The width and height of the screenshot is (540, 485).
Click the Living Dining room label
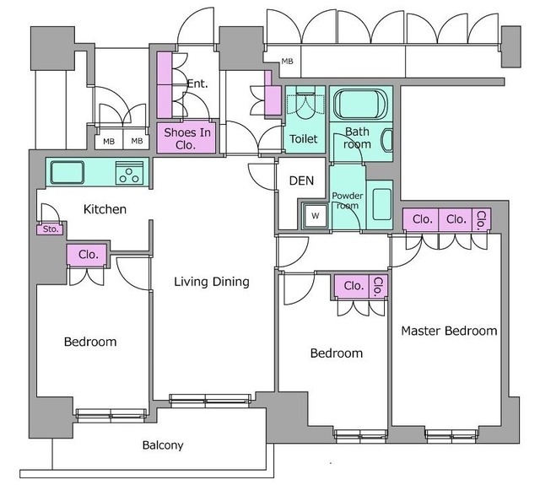(212, 282)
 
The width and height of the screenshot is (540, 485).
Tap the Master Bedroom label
(449, 331)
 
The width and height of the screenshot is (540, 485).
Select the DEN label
(301, 181)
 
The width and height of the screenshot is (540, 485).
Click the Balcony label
(163, 445)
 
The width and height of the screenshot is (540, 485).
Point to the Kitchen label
(105, 209)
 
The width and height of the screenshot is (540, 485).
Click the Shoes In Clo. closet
(186, 138)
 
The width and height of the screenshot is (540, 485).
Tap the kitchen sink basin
(67, 172)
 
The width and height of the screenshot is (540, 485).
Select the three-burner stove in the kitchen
(129, 173)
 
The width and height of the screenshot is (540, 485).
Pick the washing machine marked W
(315, 216)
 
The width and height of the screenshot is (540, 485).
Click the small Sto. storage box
(51, 229)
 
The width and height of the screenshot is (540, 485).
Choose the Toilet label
(304, 138)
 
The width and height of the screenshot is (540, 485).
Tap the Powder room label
(347, 201)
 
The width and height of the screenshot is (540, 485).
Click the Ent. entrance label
(197, 84)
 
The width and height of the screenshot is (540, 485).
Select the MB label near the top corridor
(287, 62)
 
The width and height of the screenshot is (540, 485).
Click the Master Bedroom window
(451, 436)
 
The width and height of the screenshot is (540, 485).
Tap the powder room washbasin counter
(380, 205)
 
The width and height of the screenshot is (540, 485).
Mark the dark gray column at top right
(510, 46)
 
